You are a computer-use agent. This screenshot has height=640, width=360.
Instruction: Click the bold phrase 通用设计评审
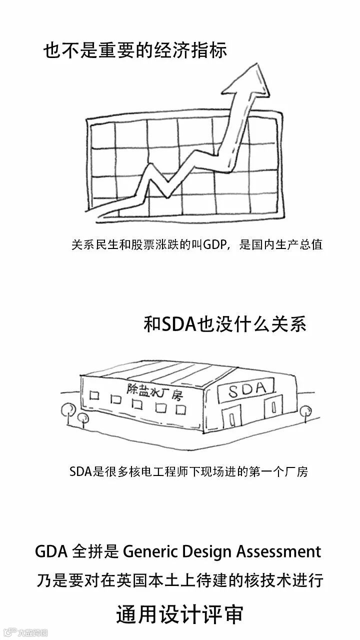tap(180, 614)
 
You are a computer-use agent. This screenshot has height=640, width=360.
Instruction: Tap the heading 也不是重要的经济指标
tap(135, 51)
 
